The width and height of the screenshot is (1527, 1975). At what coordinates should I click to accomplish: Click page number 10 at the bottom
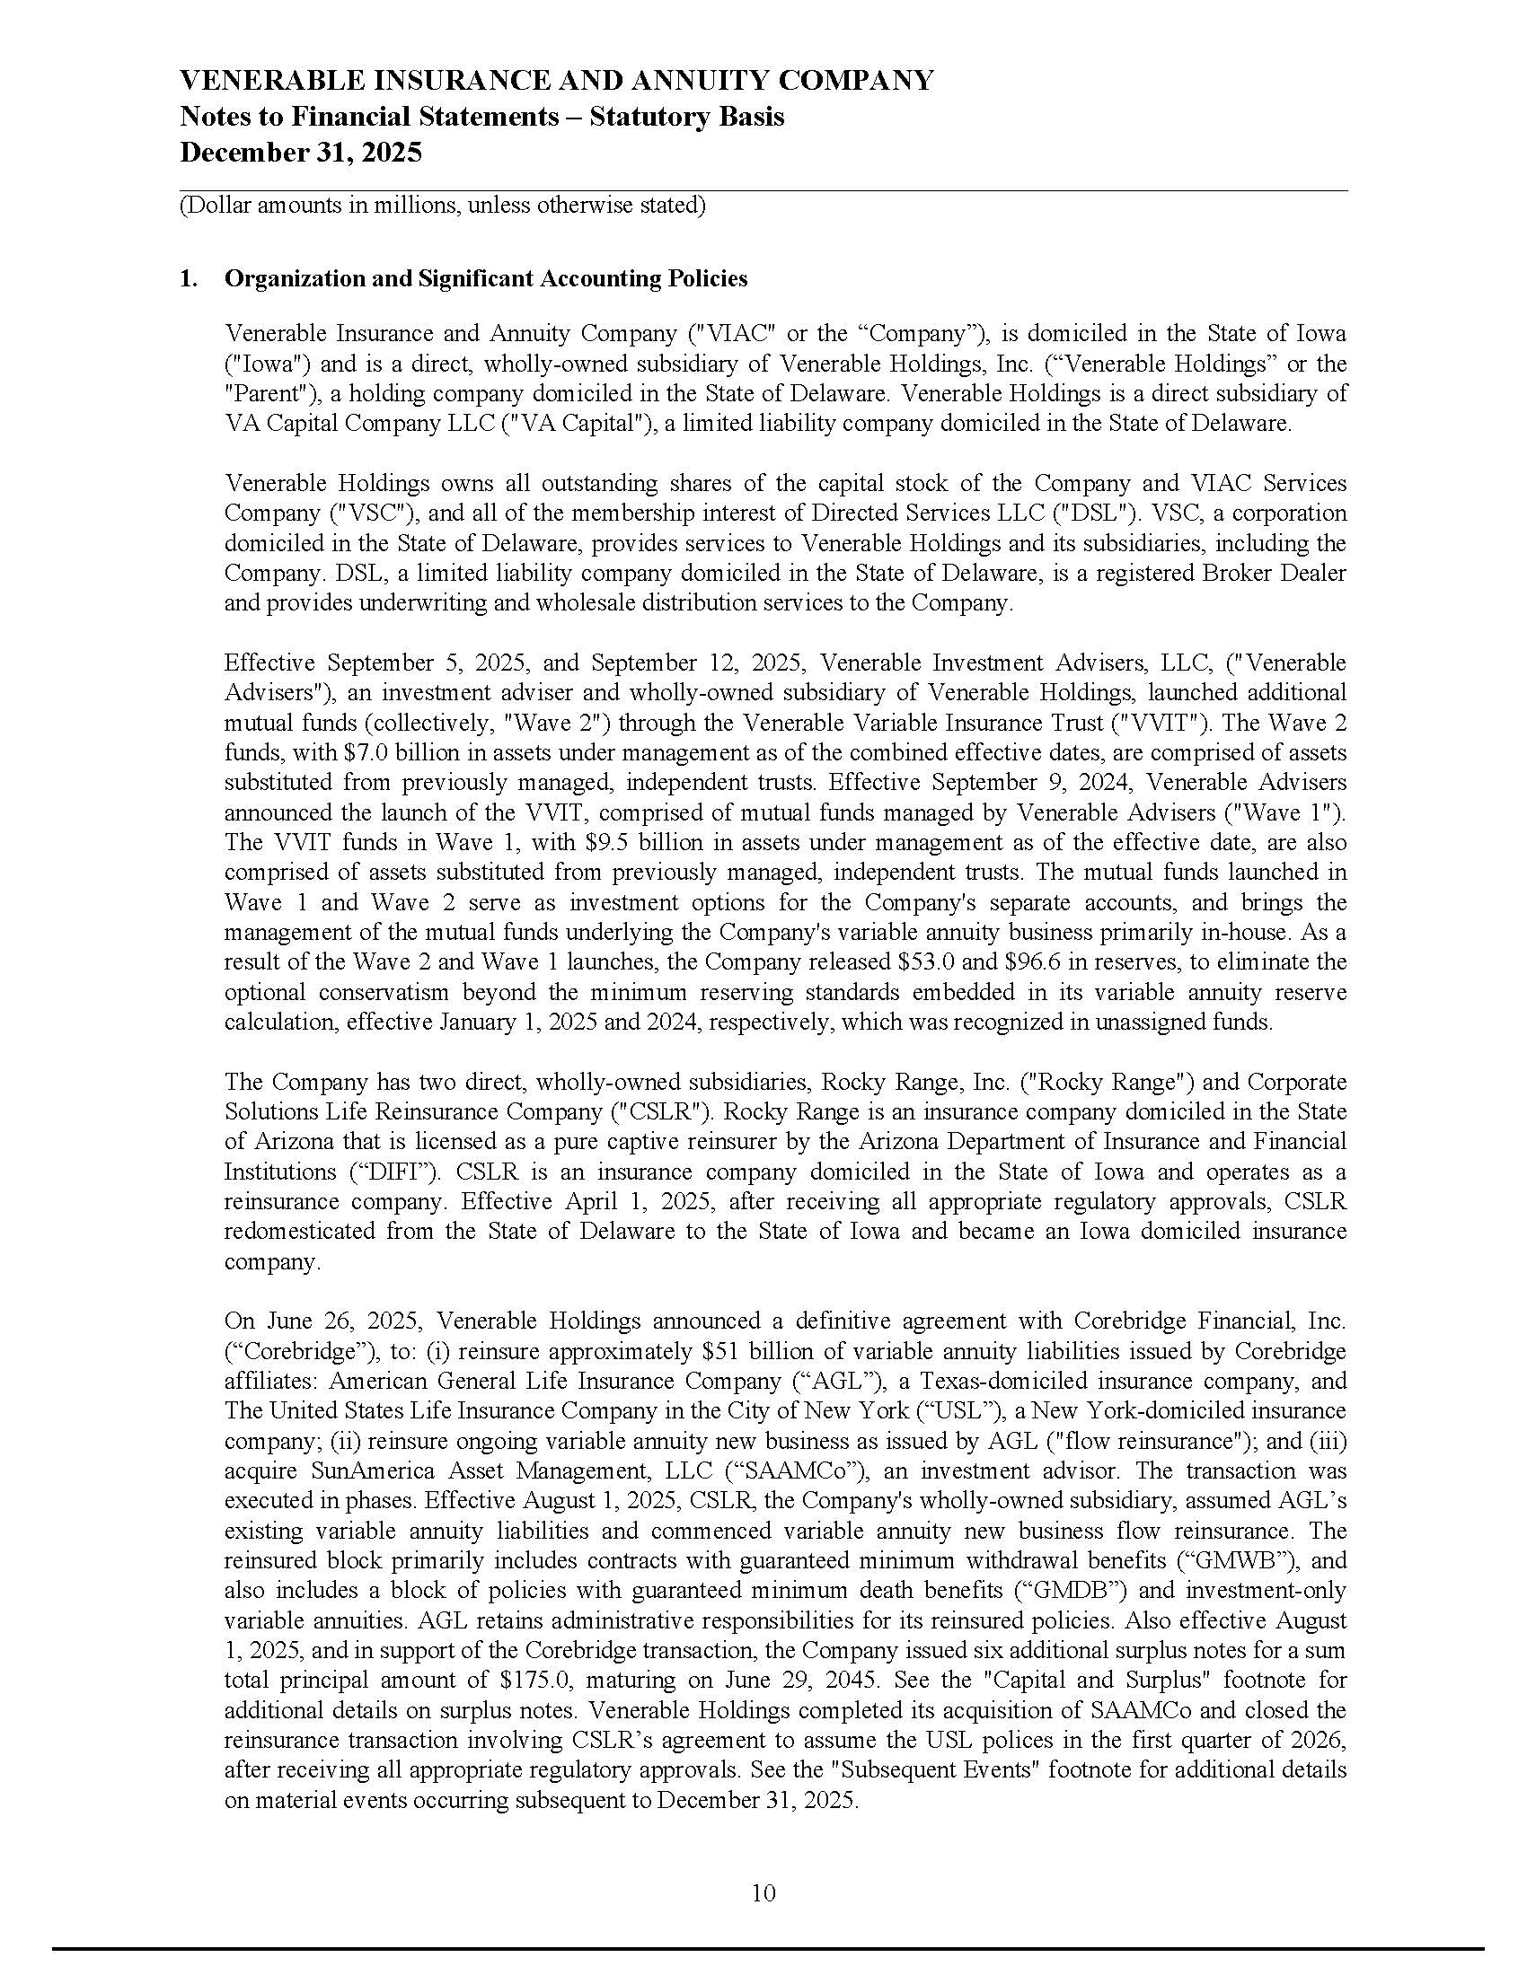point(763,1892)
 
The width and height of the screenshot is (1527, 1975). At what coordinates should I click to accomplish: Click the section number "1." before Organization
point(188,278)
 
